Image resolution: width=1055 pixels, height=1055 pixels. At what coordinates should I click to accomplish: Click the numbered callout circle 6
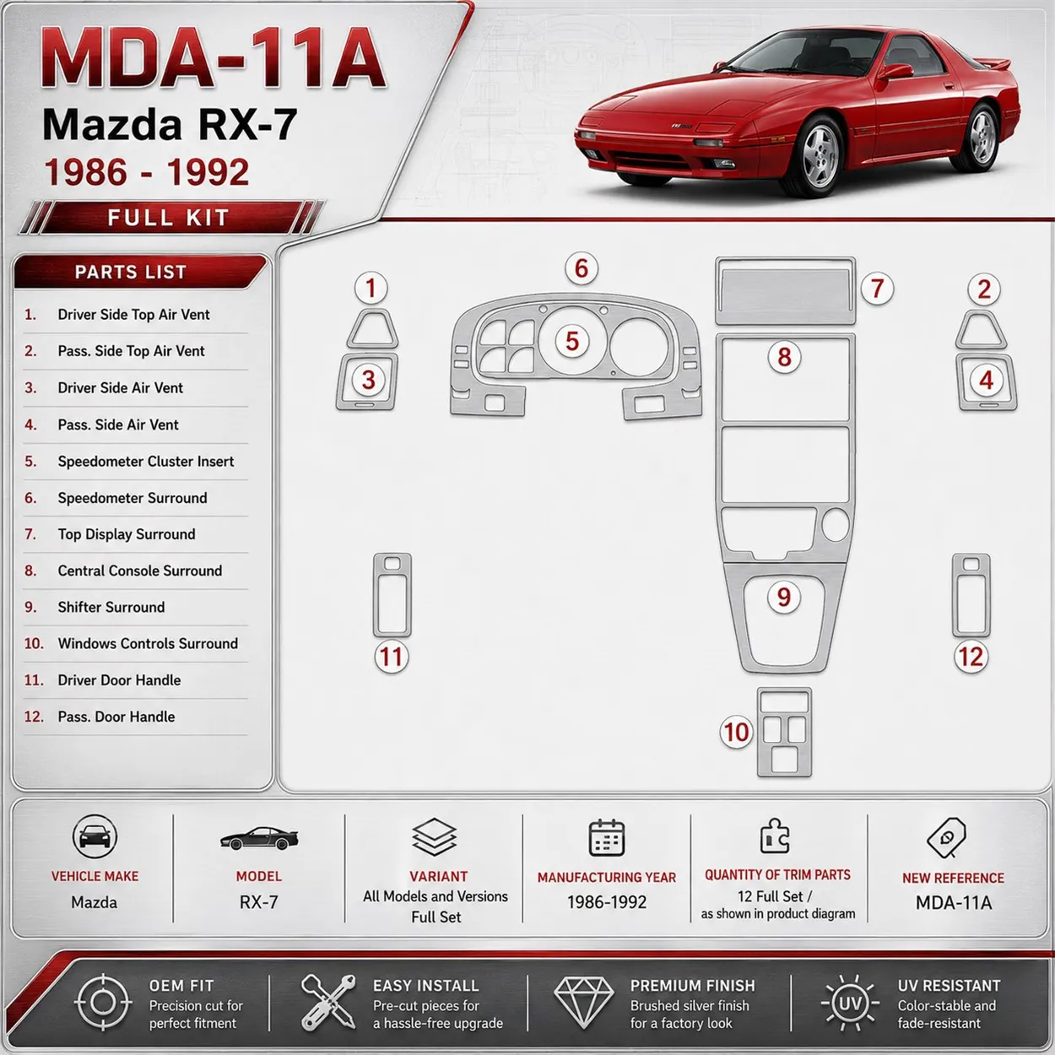(x=582, y=268)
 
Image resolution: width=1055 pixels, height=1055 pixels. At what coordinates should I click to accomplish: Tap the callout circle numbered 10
(x=736, y=732)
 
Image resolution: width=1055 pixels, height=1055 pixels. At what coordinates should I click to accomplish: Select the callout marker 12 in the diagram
(x=971, y=657)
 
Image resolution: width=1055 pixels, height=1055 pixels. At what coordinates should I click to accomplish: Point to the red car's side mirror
(x=895, y=71)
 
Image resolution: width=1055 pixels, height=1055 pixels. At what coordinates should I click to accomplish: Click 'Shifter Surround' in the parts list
(x=111, y=607)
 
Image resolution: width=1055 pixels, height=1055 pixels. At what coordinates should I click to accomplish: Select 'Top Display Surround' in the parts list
(x=127, y=534)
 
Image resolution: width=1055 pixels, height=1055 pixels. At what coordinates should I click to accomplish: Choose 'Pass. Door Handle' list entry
(x=116, y=717)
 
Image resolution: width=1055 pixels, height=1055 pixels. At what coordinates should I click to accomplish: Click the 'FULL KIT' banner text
(x=168, y=218)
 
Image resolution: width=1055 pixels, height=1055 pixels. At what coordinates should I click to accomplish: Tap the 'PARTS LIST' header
(x=131, y=272)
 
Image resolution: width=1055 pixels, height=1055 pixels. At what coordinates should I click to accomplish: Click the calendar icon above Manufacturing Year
(x=607, y=837)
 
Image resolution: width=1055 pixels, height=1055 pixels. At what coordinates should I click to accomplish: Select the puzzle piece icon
(x=775, y=836)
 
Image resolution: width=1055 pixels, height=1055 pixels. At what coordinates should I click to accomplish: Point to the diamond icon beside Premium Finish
(x=583, y=1003)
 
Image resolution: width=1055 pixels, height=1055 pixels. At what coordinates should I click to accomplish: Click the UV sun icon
(x=850, y=1003)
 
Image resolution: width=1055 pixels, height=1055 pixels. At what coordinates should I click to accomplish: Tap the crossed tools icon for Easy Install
(x=328, y=1002)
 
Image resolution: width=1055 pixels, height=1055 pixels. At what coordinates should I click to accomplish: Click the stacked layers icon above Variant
(x=434, y=836)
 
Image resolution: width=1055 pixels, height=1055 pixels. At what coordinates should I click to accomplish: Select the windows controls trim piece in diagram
(x=784, y=733)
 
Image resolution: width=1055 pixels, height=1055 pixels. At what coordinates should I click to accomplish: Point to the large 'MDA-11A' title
(x=214, y=58)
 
